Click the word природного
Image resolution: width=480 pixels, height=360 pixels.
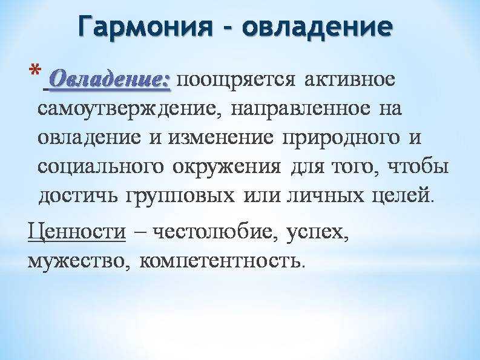pos(341,139)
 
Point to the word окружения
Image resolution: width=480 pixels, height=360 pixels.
pos(227,168)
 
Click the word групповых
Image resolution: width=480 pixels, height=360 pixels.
pos(180,196)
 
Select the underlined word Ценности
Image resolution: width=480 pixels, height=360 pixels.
pos(76,230)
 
